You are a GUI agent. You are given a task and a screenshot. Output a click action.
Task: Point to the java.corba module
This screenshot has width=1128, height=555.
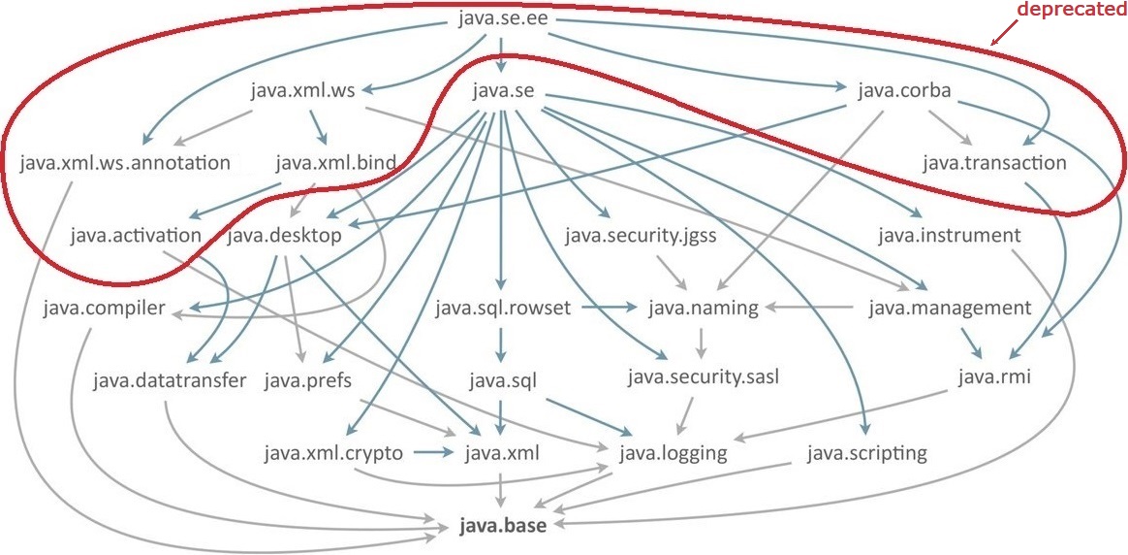pos(904,91)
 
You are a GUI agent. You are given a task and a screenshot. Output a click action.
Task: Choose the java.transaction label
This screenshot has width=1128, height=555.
pos(994,163)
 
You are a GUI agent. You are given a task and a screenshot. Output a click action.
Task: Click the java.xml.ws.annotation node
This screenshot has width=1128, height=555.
pos(125,163)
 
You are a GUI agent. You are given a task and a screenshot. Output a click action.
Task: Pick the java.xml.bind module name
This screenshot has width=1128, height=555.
pos(335,163)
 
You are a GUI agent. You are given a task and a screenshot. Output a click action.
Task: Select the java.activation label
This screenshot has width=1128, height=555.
pos(136,236)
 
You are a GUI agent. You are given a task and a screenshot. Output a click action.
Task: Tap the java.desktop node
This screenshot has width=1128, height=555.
pos(285,236)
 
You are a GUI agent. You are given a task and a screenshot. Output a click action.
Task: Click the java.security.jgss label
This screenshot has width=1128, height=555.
pos(641,236)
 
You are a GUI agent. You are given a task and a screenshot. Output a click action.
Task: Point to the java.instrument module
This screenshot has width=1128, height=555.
pos(950,236)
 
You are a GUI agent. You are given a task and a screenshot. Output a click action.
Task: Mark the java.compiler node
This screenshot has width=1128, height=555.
pos(105,309)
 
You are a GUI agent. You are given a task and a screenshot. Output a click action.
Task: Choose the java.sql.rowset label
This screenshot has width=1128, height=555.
pos(503,309)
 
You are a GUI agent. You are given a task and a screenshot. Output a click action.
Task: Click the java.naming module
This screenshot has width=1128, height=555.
pos(696,309)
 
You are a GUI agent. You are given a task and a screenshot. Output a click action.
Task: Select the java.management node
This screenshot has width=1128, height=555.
pos(950,309)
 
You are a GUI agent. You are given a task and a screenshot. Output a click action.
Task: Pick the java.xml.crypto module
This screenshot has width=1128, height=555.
pos(332,452)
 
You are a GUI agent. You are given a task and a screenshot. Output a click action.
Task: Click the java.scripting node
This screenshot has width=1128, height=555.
pos(866,452)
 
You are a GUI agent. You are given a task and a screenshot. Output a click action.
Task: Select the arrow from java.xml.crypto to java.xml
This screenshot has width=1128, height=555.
pos(433,452)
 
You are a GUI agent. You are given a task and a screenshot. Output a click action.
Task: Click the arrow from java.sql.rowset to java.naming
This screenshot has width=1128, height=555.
pos(610,309)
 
